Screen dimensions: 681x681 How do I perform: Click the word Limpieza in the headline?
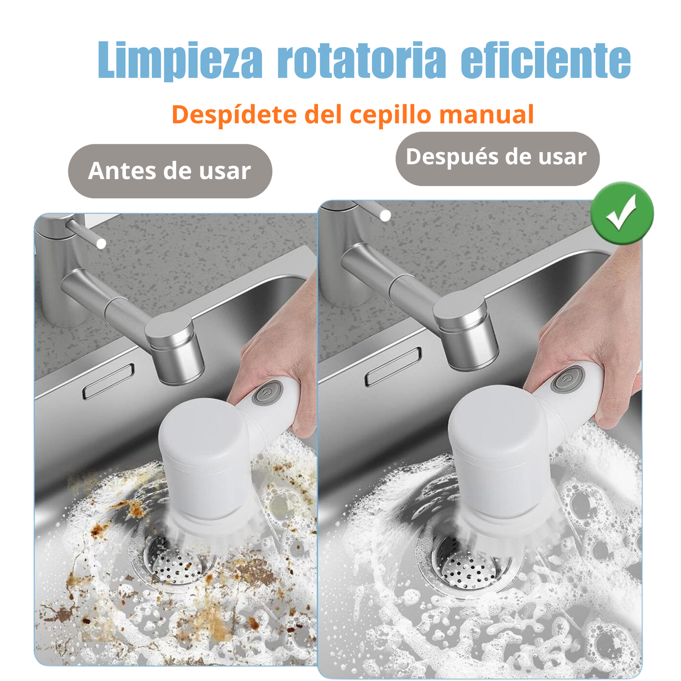pos(180,60)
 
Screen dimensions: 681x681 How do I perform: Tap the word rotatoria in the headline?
pos(361,60)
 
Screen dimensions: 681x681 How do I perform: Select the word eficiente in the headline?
pos(545,60)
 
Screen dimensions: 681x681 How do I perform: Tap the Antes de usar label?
pos(170,171)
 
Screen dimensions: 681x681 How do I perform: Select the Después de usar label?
pos(497,157)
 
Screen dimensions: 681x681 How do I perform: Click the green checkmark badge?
pos(622,213)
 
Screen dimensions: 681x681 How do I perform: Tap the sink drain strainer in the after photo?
pos(467,566)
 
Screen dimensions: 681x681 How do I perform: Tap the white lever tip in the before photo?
pos(101,244)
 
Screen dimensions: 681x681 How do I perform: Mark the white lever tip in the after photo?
pos(385,216)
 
